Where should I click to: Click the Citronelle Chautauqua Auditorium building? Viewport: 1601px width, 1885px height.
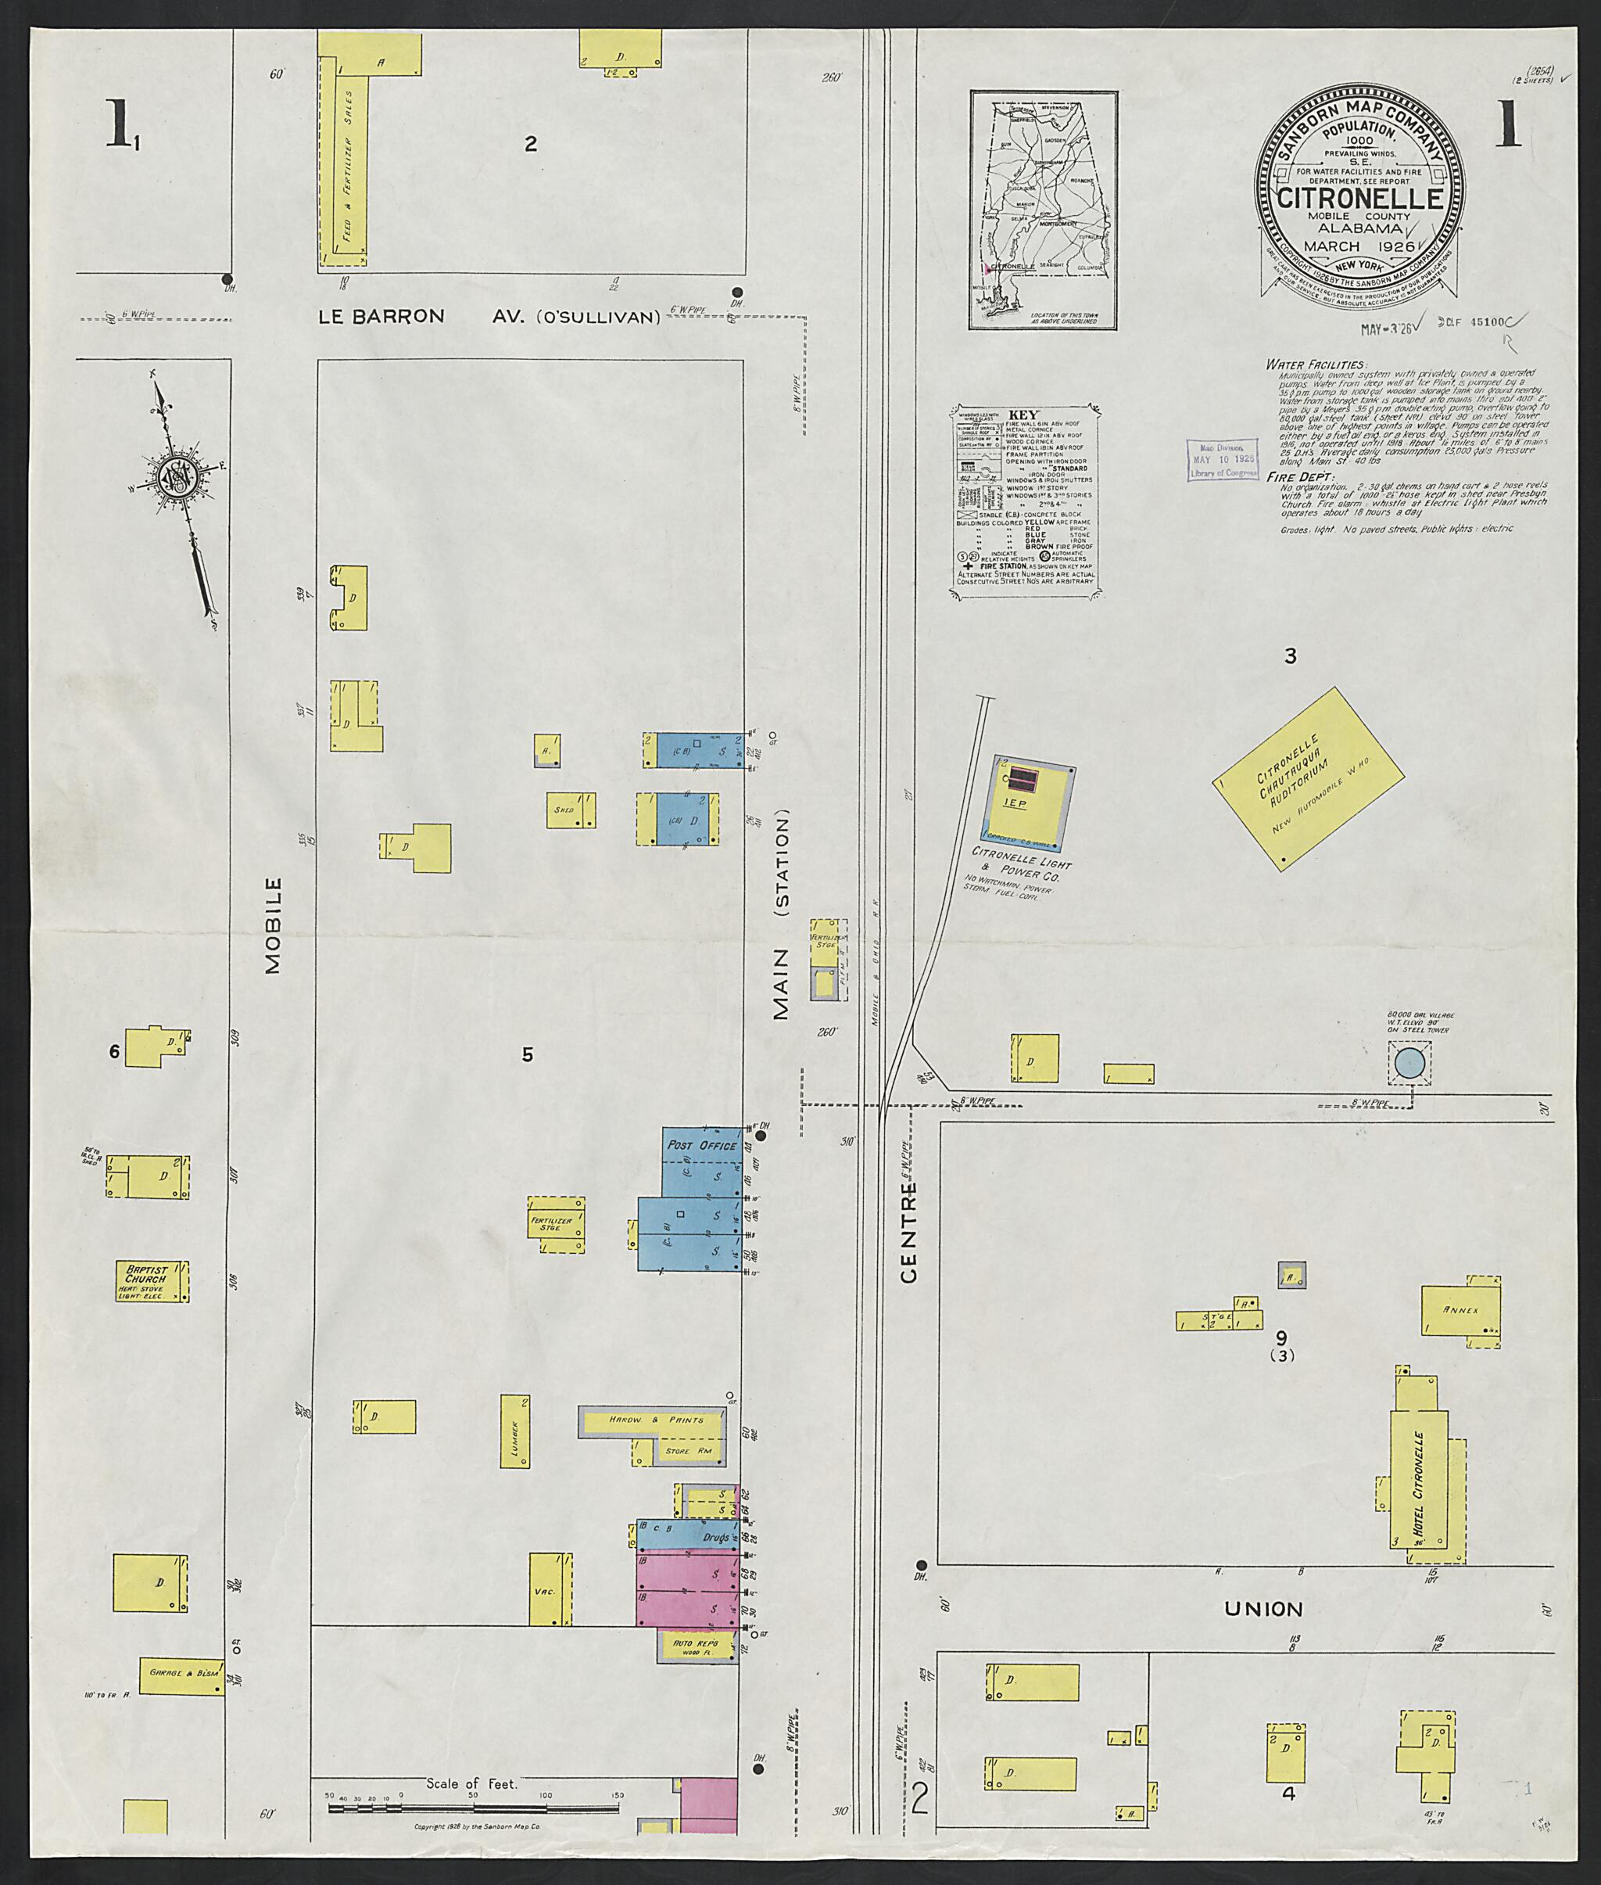[1308, 779]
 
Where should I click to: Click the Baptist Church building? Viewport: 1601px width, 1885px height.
[152, 1281]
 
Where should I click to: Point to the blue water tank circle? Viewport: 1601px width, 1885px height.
[1409, 1062]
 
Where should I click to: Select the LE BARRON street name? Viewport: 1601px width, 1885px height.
[381, 316]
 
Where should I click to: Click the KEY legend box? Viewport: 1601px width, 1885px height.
[1026, 501]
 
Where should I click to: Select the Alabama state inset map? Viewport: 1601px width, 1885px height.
[1043, 209]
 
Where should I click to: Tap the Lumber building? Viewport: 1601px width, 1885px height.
[514, 1431]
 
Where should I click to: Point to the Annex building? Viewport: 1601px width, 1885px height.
[1460, 1310]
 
